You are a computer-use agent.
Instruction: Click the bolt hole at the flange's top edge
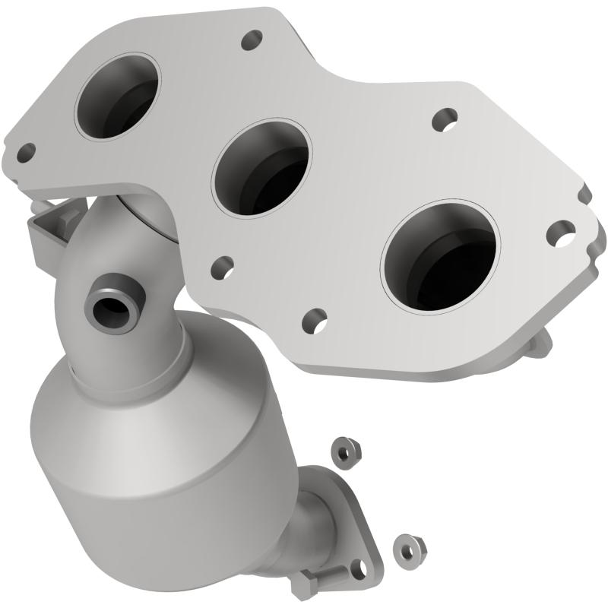tap(251, 40)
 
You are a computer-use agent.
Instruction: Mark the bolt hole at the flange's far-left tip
tap(26, 153)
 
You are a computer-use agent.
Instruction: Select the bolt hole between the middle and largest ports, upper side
tap(444, 119)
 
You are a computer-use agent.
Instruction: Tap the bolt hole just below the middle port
tap(222, 266)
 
